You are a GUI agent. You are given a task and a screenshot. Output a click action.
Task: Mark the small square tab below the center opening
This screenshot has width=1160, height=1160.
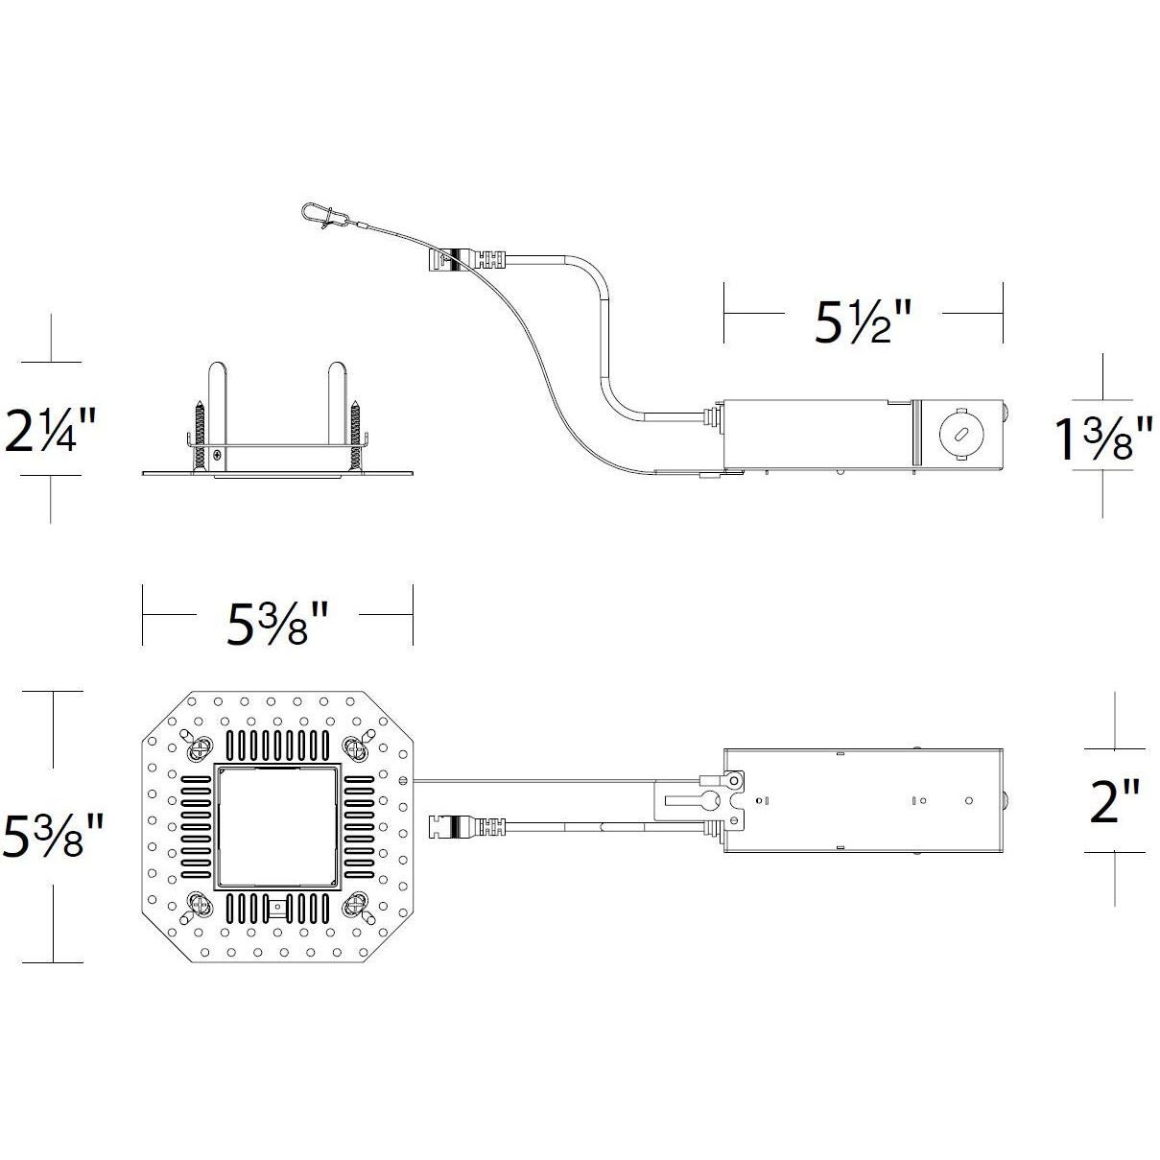[x=277, y=907]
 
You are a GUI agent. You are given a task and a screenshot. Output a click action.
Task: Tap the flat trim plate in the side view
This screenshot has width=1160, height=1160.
[x=277, y=473]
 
